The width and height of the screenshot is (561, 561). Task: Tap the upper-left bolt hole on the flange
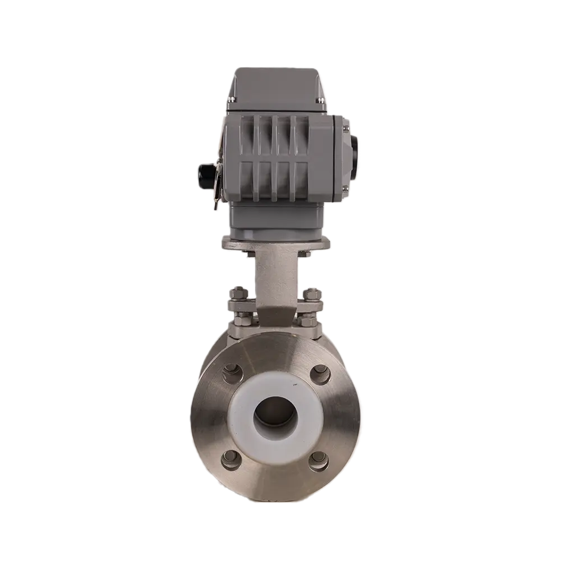tap(230, 373)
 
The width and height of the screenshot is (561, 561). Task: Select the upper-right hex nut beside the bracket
tap(311, 293)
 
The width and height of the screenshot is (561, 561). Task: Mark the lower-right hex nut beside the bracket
tap(308, 321)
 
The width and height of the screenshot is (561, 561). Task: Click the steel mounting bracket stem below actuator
tap(274, 280)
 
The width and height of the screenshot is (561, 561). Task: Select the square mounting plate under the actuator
tap(274, 243)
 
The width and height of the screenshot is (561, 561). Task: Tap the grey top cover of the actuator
tap(274, 84)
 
